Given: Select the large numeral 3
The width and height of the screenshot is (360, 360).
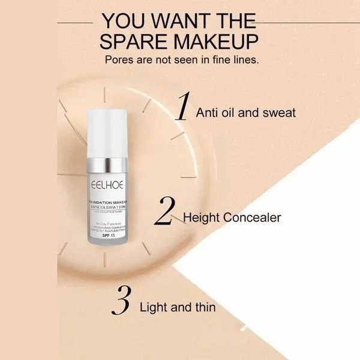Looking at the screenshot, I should (x=121, y=302).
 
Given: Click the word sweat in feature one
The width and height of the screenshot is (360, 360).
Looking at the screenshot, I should (x=278, y=112).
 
